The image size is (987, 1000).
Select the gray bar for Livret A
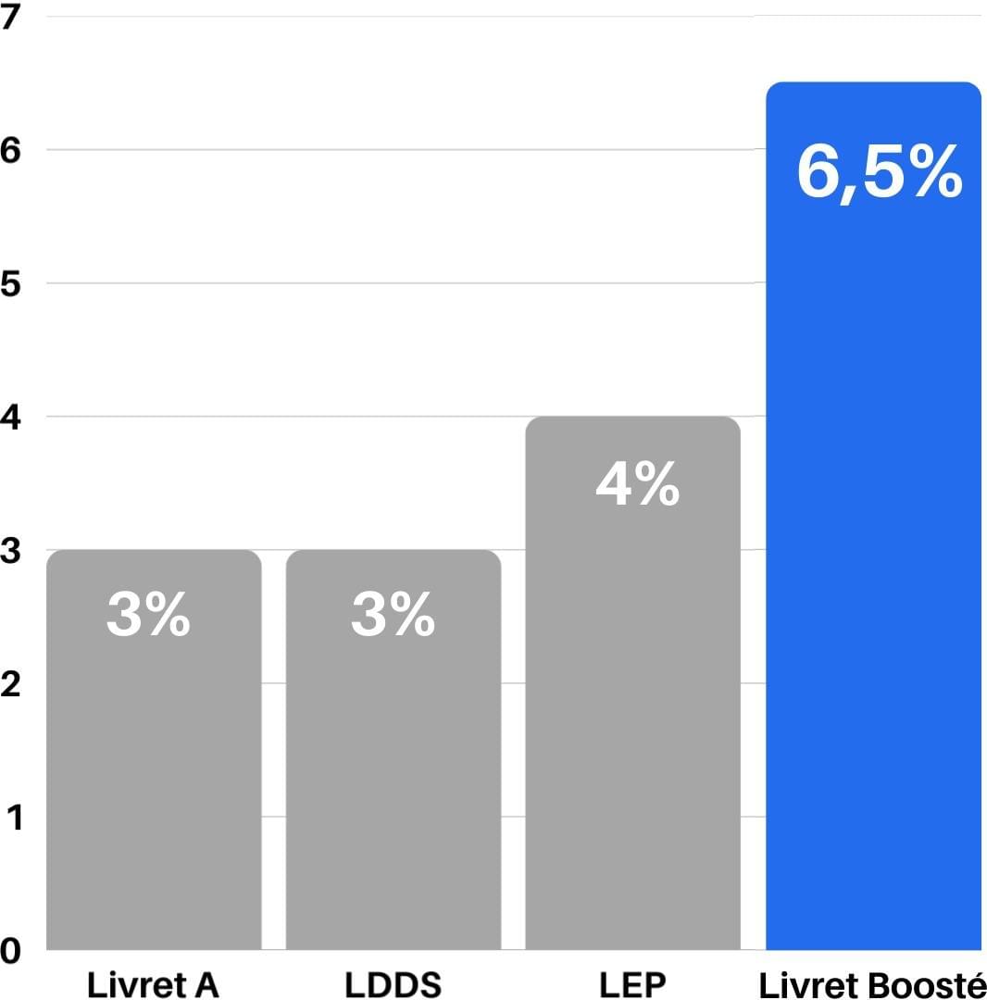click(154, 787)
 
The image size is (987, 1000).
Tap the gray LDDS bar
click(394, 787)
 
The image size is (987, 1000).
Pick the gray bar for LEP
click(632, 722)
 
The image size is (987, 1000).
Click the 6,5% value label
click(880, 172)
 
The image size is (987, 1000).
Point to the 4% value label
click(638, 484)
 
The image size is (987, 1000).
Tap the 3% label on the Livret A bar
click(149, 615)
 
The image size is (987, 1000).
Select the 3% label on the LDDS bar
click(394, 615)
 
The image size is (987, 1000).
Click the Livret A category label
click(153, 984)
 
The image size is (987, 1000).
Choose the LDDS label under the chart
click(394, 984)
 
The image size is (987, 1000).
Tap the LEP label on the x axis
click(632, 984)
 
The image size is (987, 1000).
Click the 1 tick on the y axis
click(12, 818)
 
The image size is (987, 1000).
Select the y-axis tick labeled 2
click(10, 684)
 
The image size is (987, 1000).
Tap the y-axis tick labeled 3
click(10, 551)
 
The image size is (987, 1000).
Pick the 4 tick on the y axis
click(10, 418)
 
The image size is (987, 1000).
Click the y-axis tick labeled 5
click(10, 283)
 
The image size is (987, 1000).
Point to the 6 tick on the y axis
click(10, 150)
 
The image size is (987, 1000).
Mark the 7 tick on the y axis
click(10, 17)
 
